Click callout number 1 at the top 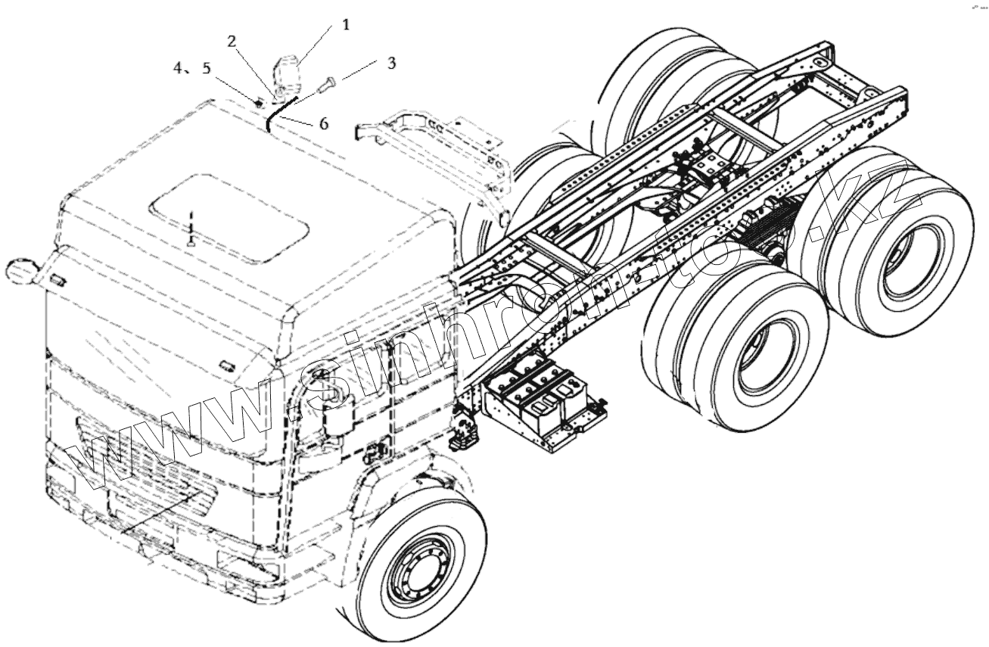coord(346,25)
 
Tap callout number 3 coord(390,63)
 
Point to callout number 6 coord(323,123)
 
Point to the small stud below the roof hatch coord(192,243)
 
